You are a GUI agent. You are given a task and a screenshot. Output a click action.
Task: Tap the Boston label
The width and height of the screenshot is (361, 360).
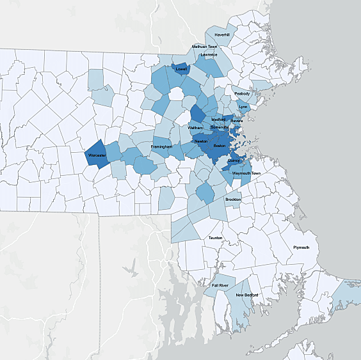(220, 146)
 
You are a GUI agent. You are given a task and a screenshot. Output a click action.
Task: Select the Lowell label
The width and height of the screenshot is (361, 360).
(181, 68)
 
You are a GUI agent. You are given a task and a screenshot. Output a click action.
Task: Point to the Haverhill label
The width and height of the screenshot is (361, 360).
(222, 35)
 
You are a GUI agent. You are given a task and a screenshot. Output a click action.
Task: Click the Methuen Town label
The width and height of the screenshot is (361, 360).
(205, 47)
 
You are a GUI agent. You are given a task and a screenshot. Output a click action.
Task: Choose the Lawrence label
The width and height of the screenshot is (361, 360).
(209, 55)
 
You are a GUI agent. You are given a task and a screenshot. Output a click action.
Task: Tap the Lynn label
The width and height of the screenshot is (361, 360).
(243, 107)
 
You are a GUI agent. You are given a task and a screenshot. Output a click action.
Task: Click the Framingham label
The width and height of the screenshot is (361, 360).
(162, 147)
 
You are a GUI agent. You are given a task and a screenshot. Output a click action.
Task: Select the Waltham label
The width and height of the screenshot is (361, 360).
(196, 128)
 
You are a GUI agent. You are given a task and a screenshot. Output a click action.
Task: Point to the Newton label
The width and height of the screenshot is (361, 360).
(200, 141)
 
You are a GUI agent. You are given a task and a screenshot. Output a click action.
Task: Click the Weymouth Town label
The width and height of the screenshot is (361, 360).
(246, 173)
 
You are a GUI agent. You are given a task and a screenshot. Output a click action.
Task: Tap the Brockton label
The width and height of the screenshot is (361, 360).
(233, 200)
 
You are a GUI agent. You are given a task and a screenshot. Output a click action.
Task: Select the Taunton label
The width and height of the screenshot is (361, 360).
(215, 238)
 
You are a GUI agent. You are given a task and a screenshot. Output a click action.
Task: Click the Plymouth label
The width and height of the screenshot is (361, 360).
(301, 247)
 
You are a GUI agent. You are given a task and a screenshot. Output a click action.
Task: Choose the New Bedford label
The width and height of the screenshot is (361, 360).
(246, 295)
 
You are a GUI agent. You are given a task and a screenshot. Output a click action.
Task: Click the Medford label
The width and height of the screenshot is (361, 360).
(218, 120)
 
